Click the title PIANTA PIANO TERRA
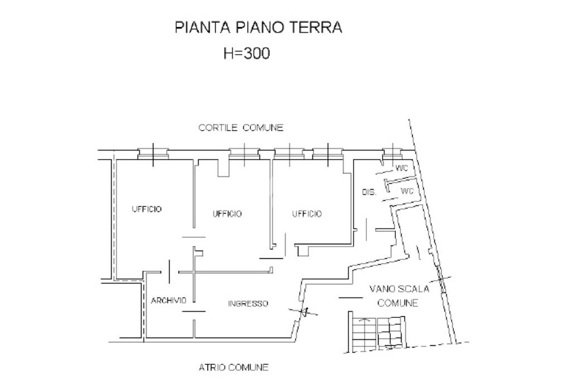click(258, 27)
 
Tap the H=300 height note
click(246, 53)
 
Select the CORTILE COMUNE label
click(241, 128)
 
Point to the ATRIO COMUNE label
click(234, 367)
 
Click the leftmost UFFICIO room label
click(147, 209)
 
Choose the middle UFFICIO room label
click(227, 214)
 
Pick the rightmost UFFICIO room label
click(307, 214)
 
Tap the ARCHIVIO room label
click(168, 300)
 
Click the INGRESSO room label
click(248, 303)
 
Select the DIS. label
click(369, 192)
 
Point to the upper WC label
click(401, 168)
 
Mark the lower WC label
click(407, 191)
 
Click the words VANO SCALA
click(399, 289)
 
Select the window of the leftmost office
click(153, 154)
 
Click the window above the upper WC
click(393, 153)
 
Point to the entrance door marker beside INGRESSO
click(303, 311)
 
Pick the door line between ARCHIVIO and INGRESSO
click(193, 311)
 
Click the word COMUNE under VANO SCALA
click(398, 303)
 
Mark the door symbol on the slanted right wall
click(441, 279)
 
